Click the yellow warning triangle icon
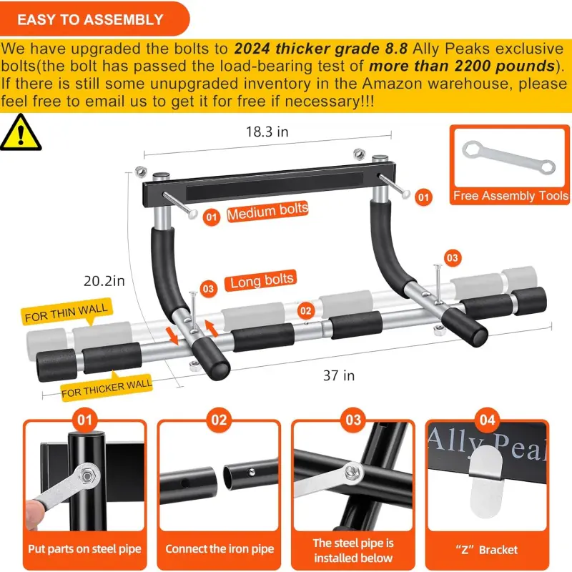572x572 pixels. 21,132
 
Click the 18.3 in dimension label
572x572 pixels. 267,132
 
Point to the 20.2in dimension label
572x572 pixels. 104,281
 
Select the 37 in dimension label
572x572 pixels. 339,375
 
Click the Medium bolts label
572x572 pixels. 267,211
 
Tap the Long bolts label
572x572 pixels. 261,280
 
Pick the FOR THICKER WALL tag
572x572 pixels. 107,388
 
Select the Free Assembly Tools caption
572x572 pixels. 511,196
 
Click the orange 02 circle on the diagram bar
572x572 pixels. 306,311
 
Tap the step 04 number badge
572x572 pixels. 487,420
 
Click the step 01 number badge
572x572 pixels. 84,420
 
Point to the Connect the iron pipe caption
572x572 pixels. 220,548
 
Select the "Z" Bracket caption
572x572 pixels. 487,549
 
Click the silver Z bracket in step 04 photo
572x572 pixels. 485,480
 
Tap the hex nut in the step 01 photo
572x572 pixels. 87,475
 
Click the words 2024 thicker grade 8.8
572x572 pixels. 320,49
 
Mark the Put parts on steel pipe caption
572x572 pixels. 84,548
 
